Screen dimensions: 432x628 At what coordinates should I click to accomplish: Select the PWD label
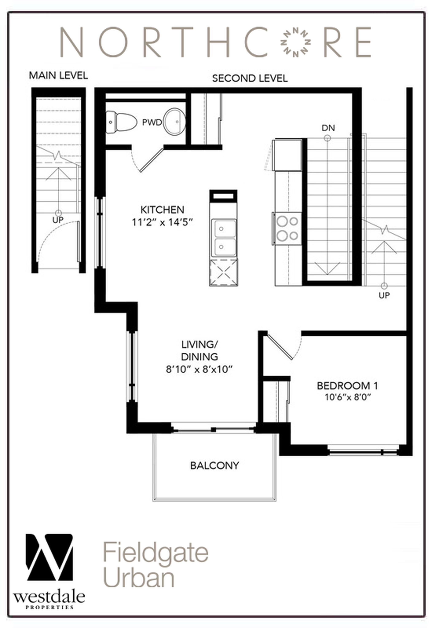coord(152,123)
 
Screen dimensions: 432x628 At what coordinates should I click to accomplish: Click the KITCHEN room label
coord(162,210)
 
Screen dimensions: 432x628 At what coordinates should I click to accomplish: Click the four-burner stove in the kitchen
coord(287,229)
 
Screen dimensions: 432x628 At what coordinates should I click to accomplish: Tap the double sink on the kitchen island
coord(224,238)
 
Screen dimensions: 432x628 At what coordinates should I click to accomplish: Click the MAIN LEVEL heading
coord(58,75)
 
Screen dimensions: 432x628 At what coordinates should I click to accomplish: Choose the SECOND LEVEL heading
coord(250,78)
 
